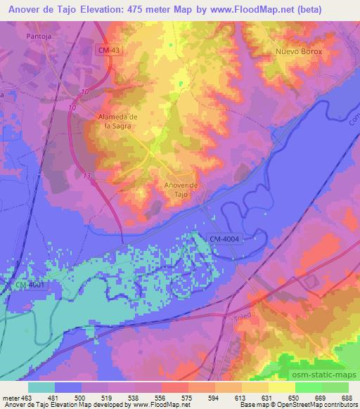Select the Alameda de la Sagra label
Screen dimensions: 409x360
click(x=116, y=121)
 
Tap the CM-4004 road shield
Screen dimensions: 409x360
click(x=225, y=240)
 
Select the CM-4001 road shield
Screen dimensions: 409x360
click(x=29, y=284)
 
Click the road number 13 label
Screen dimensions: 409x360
click(x=86, y=176)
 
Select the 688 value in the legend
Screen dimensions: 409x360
click(x=347, y=397)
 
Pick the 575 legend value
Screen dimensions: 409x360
click(x=188, y=397)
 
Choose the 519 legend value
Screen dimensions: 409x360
click(x=108, y=397)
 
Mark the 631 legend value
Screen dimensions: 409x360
click(x=268, y=397)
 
